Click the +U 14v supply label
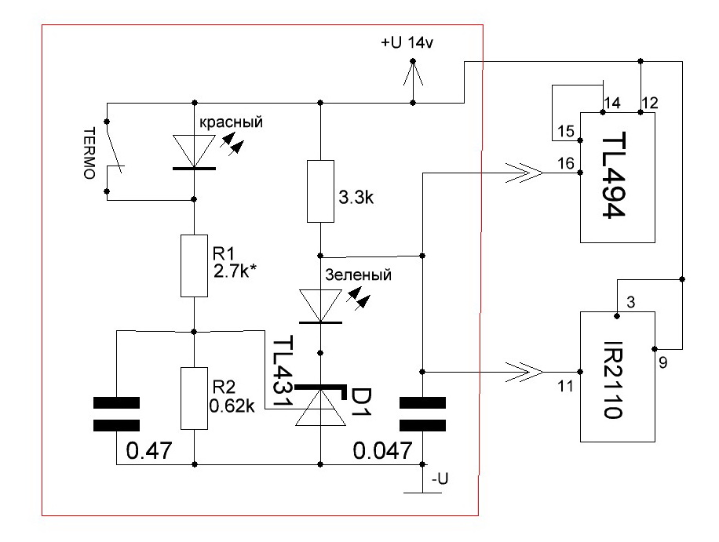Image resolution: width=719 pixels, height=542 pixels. [407, 43]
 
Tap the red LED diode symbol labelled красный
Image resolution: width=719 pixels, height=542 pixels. [194, 152]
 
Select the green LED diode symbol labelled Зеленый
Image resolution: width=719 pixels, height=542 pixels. [320, 306]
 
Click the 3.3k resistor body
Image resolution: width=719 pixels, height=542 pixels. [320, 191]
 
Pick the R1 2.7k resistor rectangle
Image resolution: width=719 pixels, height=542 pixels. [195, 266]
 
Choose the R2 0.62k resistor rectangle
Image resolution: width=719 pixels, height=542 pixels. [195, 398]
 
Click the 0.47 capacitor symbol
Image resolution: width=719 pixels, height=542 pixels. [116, 414]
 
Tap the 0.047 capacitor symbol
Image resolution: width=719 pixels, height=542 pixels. [422, 414]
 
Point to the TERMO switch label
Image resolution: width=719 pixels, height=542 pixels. [89, 153]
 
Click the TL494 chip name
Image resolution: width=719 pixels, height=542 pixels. [614, 175]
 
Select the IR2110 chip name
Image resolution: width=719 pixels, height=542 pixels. [612, 379]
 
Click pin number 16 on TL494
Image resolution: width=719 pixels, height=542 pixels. [566, 163]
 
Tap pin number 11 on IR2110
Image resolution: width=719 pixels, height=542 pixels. [566, 386]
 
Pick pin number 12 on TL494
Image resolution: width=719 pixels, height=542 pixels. [650, 103]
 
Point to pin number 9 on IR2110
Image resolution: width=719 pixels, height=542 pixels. [663, 363]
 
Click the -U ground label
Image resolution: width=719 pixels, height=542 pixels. [440, 478]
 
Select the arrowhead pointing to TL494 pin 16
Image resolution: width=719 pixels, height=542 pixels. [525, 173]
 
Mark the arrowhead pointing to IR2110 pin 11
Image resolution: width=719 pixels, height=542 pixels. [525, 372]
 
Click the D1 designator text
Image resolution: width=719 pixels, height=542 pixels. [361, 402]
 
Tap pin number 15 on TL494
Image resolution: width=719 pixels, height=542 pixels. [566, 132]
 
